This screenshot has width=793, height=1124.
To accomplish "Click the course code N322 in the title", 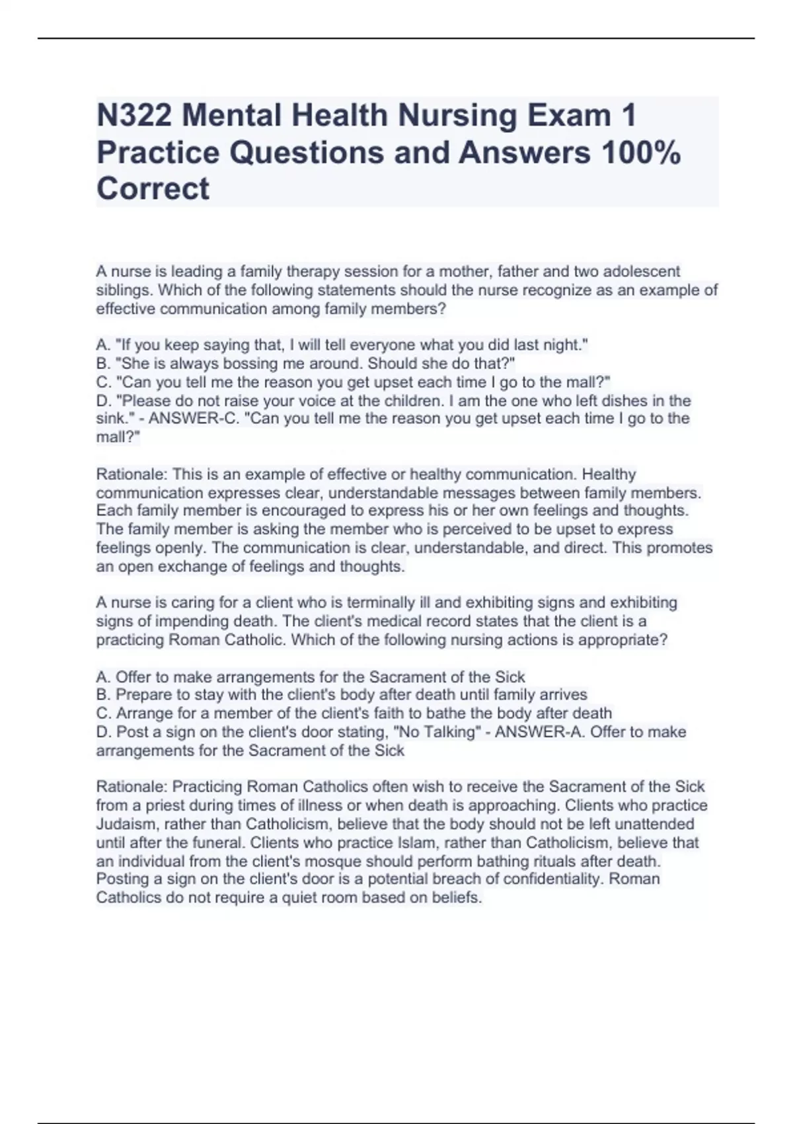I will [134, 116].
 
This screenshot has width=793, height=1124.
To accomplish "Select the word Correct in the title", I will [153, 189].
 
